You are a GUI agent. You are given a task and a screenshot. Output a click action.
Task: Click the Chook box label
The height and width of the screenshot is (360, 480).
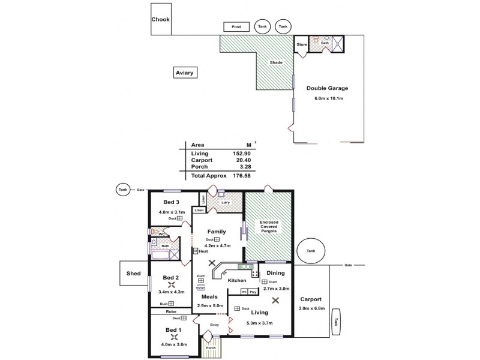pos(160,19)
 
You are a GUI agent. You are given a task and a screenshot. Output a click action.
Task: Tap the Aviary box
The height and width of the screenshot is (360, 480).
pos(185,73)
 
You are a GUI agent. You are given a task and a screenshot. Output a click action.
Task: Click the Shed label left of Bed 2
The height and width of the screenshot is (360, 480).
pos(133,274)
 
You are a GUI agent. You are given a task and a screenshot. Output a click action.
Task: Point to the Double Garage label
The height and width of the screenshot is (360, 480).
pos(327,88)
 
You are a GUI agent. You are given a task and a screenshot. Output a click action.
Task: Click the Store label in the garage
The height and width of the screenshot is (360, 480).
pos(302,44)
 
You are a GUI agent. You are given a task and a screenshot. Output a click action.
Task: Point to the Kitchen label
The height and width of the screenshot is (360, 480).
pos(237,280)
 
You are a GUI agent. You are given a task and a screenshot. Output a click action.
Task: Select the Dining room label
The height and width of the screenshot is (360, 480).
pos(275,273)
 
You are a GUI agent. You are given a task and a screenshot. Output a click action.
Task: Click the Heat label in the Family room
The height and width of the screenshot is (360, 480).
pos(203,251)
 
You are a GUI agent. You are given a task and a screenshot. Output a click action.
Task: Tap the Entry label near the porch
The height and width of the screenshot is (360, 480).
pos(215,325)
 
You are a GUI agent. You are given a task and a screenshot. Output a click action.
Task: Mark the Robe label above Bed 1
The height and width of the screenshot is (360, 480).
pos(170,311)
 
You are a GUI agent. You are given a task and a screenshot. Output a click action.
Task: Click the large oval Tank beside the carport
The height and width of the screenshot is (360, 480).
pos(310,252)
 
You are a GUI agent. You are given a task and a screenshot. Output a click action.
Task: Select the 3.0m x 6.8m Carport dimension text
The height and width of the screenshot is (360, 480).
pos(311,309)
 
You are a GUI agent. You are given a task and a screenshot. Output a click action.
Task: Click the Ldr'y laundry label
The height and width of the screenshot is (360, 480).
pos(226,202)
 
